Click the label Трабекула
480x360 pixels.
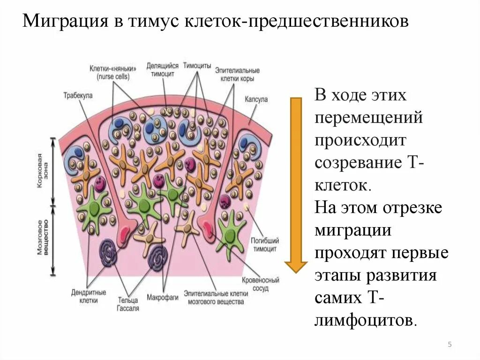point(78,95)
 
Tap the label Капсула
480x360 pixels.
point(255,100)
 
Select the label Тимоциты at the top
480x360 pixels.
point(197,66)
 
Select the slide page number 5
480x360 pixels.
point(450,345)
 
